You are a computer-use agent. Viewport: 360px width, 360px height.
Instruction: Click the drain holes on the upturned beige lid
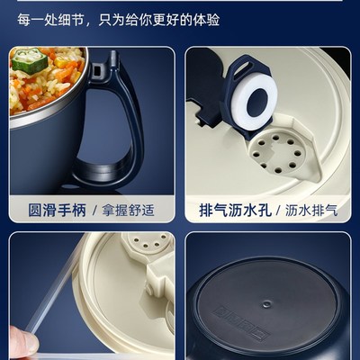pos(144,243)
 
